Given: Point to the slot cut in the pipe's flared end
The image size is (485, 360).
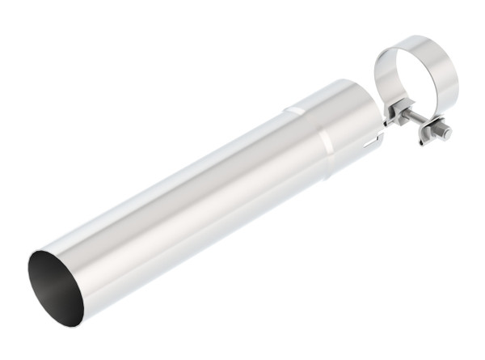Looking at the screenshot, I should (x=370, y=144).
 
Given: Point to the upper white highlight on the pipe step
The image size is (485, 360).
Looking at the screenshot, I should (x=298, y=108).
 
